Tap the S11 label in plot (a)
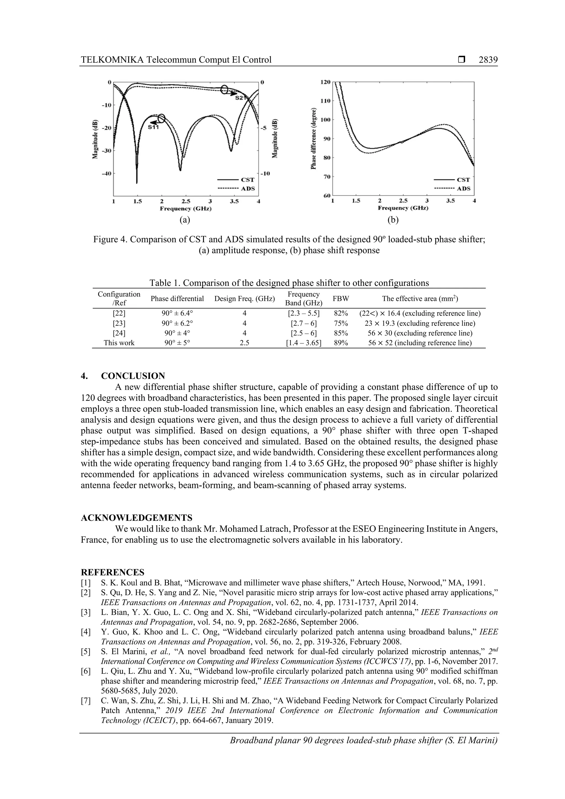153,127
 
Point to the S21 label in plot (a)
241,98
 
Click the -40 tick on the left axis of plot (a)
105,173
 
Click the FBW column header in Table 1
340,299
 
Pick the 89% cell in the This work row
340,343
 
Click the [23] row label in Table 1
119,323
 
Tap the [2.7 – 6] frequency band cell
303,323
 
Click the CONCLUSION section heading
133,376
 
